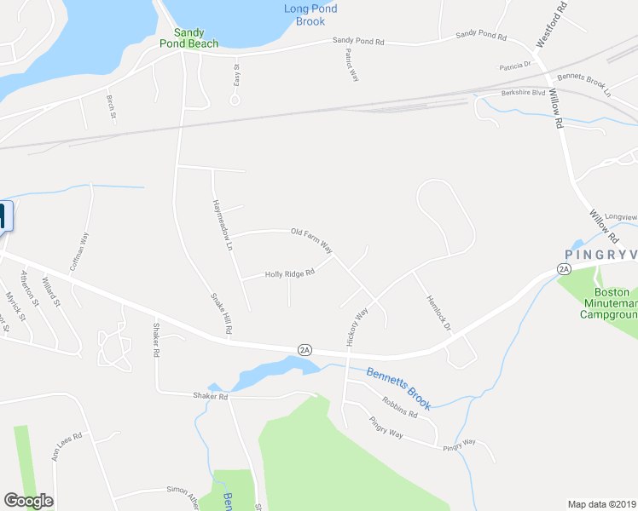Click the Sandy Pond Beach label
(x=189, y=38)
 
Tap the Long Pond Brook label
(x=310, y=15)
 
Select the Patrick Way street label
(x=351, y=65)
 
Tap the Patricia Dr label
(x=515, y=65)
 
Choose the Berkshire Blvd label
(x=523, y=92)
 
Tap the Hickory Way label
(x=357, y=326)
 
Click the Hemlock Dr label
(x=437, y=313)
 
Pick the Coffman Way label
(x=84, y=253)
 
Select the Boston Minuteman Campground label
(x=609, y=302)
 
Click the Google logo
(x=28, y=501)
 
